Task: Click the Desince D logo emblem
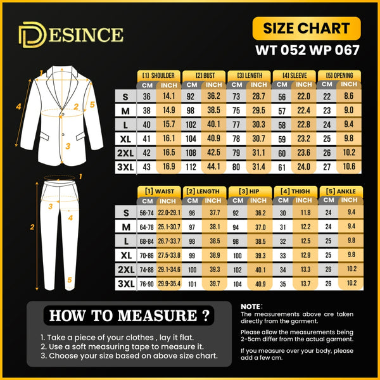(32, 35)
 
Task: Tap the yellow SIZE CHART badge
(307, 28)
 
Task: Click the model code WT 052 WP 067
(307, 50)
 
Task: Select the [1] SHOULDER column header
(158, 75)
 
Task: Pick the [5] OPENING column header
(339, 75)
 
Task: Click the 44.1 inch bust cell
(214, 167)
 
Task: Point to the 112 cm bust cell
(191, 167)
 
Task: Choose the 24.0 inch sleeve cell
(303, 167)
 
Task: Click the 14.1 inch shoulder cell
(168, 96)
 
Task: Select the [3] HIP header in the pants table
(249, 191)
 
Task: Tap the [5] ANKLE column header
(341, 191)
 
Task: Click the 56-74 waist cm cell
(147, 213)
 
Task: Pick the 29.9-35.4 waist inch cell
(169, 284)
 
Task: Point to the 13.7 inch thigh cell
(305, 284)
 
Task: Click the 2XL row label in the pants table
(126, 270)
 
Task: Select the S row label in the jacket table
(125, 97)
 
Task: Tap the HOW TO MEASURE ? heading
(129, 315)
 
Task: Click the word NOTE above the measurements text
(251, 307)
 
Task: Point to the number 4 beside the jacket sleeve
(18, 106)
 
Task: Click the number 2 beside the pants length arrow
(32, 227)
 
